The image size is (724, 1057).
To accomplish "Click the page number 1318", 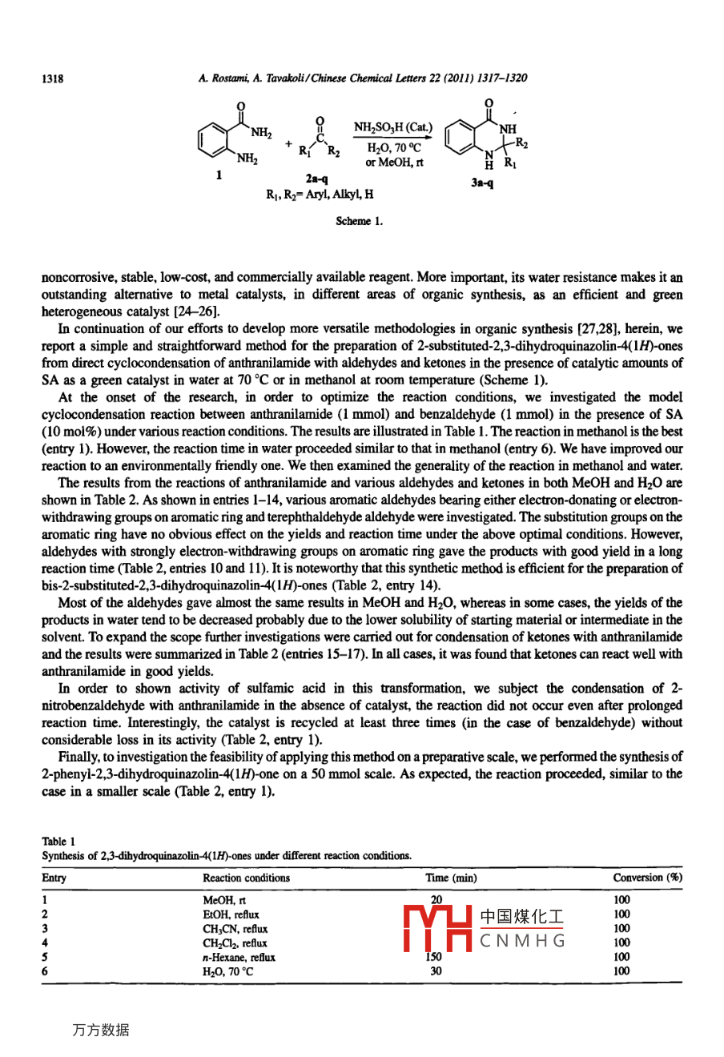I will [52, 78].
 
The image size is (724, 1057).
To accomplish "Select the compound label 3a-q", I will [482, 183].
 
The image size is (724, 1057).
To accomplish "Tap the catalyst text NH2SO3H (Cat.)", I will [393, 127].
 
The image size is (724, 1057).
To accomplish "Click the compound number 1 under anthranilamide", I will [219, 174].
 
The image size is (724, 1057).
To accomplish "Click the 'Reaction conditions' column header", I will [246, 878].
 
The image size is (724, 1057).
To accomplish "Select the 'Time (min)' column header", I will [451, 878].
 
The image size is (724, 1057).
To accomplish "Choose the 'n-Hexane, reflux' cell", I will [239, 957].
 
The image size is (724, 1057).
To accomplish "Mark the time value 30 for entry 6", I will [436, 971].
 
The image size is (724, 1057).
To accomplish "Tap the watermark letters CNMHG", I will [523, 941].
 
